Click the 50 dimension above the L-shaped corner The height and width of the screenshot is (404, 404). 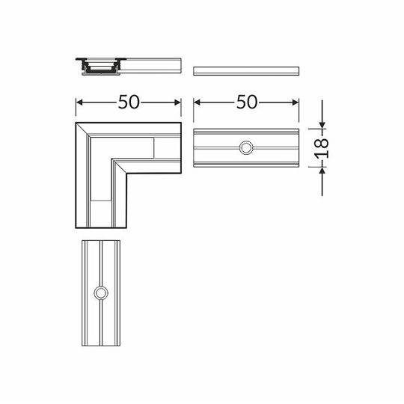tap(129, 103)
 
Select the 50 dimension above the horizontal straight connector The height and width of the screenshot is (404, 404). tap(247, 103)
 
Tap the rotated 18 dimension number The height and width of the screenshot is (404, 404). tap(323, 147)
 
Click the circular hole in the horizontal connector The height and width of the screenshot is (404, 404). tap(245, 147)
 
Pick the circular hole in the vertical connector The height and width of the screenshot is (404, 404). tap(101, 293)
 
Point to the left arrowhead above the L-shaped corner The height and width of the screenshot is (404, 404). tap(79, 103)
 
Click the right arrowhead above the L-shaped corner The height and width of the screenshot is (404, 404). tap(179, 103)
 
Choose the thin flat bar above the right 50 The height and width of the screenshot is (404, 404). tap(245, 70)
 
